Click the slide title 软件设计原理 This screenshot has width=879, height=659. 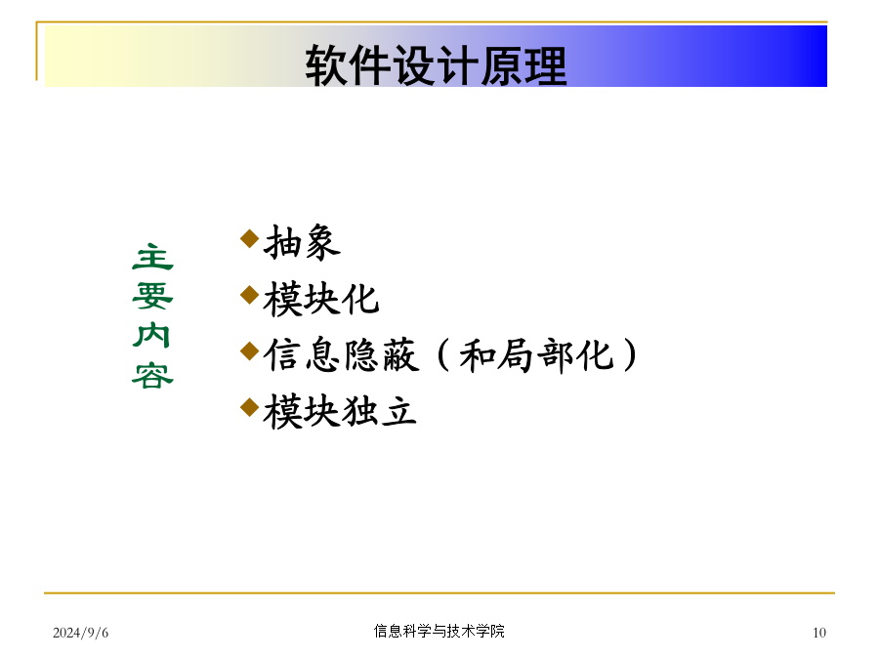tap(436, 65)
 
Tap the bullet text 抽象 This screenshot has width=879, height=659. tap(302, 242)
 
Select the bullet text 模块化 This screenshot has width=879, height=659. tap(321, 299)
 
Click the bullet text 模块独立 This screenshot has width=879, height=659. tap(340, 411)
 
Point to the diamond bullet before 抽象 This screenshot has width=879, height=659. tap(249, 238)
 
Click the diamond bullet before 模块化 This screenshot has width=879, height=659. tap(249, 295)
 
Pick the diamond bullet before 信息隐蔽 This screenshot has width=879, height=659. tap(249, 351)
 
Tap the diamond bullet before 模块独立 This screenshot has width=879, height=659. tap(249, 407)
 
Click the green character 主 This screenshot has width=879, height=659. tap(152, 257)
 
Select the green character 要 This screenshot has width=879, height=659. tap(152, 296)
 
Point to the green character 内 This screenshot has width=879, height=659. tap(152, 335)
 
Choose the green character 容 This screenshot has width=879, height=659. tap(152, 375)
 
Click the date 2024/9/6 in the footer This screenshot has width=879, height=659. tap(81, 633)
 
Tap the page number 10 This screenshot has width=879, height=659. tap(819, 633)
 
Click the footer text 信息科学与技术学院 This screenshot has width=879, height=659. tap(439, 631)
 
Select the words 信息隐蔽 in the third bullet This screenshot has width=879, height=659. tap(342, 354)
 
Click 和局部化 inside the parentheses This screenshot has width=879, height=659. tap(536, 354)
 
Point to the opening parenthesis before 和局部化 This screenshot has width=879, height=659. tap(443, 354)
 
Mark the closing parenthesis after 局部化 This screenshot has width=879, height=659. tap(630, 354)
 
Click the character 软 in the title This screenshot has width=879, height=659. tap(325, 65)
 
